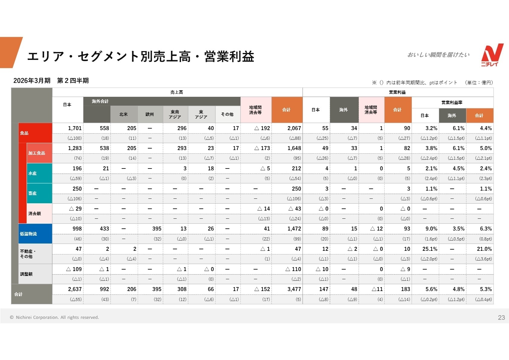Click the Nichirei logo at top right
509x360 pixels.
coord(492,55)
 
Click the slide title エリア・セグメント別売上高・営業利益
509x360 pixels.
coord(141,57)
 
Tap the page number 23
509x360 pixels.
coord(501,317)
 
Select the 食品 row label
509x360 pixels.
coord(24,133)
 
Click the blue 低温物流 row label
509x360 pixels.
coord(29,234)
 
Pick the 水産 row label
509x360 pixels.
coord(33,173)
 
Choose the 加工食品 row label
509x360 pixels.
coord(37,153)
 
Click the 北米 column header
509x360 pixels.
coord(123,114)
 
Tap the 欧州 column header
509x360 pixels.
coord(150,114)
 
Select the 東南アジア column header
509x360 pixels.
coord(175,114)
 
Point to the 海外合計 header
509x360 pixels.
coord(100,101)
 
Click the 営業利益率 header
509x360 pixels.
coord(452,103)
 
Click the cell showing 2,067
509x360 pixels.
coord(294,128)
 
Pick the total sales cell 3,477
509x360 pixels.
coord(294,289)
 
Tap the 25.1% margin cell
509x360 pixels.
coord(430,249)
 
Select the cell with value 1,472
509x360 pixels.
coord(294,229)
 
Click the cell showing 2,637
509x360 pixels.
coord(75,289)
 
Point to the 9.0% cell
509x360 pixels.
coord(431,229)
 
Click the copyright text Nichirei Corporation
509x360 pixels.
coord(54,317)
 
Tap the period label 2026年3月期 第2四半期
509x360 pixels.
coord(51,81)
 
